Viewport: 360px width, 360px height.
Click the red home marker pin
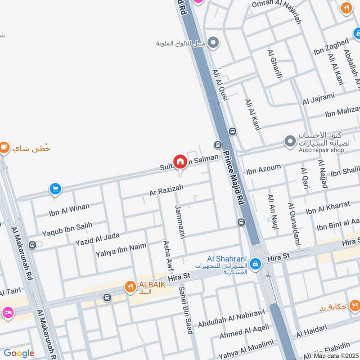180,161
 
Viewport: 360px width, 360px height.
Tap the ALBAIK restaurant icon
130,286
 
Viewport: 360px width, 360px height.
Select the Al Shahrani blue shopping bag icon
255,264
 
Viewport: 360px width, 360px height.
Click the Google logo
19,353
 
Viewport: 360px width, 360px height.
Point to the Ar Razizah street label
166,191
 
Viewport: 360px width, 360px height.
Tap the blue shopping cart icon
55,189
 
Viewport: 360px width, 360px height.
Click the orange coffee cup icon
4,147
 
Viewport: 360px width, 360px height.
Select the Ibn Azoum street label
263,170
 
